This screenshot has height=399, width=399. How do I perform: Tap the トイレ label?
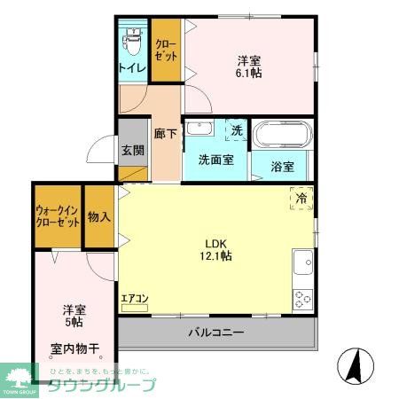click(133, 66)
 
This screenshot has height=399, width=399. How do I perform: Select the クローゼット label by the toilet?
click(166, 50)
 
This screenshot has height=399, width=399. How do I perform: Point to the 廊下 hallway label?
click(166, 133)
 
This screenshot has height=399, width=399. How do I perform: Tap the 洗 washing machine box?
click(236, 130)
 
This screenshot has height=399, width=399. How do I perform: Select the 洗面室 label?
click(215, 161)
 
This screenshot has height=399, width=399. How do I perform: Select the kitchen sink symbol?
click(303, 263)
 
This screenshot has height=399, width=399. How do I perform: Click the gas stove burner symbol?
click(303, 299)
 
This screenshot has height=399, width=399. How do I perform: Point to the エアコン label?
click(135, 299)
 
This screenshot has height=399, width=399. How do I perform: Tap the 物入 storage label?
click(99, 215)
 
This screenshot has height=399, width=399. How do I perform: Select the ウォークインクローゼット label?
click(57, 216)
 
